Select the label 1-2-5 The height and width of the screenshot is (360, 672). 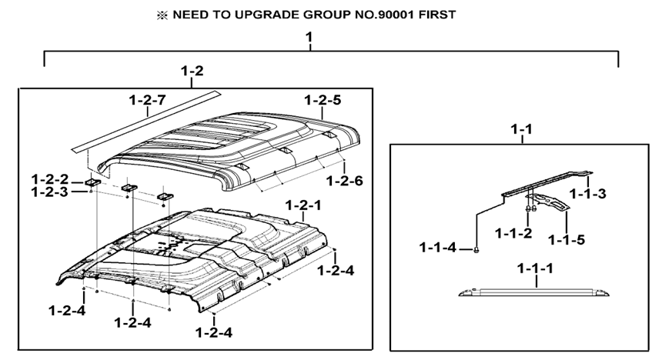[x=323, y=100]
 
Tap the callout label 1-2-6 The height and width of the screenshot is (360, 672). [x=344, y=181]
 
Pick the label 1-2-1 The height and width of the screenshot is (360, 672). [x=303, y=205]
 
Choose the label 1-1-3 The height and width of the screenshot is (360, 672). [x=587, y=193]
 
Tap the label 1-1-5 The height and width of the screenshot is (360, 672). [x=566, y=239]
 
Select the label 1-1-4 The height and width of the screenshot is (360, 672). [x=439, y=247]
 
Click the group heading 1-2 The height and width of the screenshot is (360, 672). [x=192, y=72]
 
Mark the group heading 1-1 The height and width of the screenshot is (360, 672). [x=521, y=129]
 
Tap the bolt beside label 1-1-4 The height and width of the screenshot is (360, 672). [x=476, y=248]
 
